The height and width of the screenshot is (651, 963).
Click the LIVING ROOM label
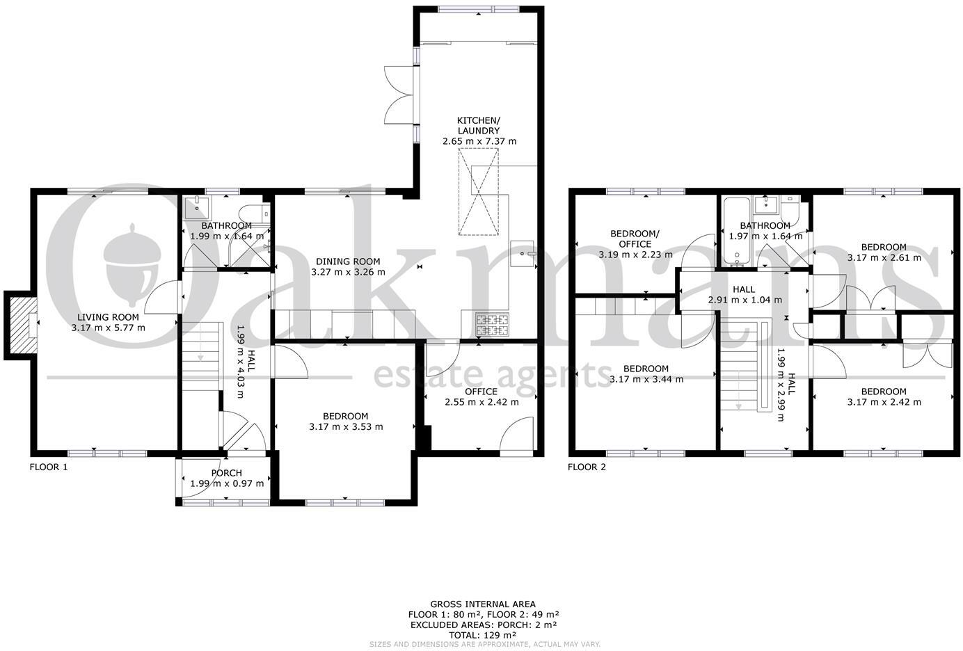(x=108, y=317)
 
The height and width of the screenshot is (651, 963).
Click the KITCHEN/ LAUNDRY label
(x=479, y=124)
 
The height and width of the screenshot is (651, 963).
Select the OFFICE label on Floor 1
(x=481, y=392)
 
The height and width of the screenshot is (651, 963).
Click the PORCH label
(x=226, y=473)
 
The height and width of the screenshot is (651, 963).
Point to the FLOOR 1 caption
(x=49, y=467)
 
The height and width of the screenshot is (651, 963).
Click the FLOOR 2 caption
(x=587, y=467)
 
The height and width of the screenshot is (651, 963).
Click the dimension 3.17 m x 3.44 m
(x=646, y=380)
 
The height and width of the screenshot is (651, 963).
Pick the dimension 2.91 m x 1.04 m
(x=745, y=300)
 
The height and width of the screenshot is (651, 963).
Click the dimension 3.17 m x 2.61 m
(x=884, y=257)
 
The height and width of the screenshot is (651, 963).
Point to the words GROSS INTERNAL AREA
(x=483, y=604)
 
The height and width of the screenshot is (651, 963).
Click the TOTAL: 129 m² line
(x=483, y=635)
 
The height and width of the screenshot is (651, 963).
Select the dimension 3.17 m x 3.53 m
(x=345, y=427)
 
